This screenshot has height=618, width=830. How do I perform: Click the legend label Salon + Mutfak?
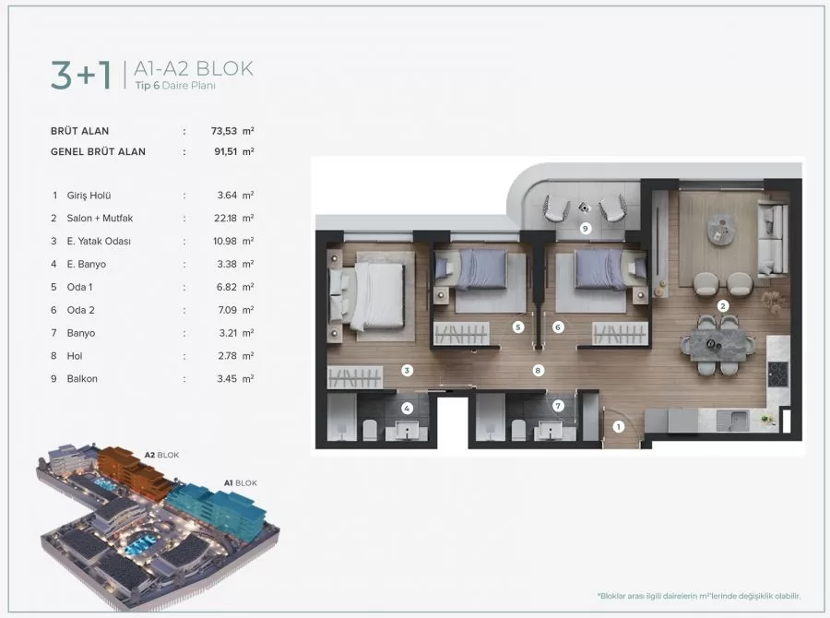(99, 219)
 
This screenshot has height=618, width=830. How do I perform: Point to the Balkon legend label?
(83, 378)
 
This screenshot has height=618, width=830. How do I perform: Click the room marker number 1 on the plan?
(619, 426)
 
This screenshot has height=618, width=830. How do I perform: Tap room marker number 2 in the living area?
(724, 305)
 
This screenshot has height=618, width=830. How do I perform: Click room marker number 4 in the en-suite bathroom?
(406, 407)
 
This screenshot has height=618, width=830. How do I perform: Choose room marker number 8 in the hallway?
(537, 370)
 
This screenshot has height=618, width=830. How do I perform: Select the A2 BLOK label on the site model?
(161, 455)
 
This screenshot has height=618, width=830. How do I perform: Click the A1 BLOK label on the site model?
(240, 482)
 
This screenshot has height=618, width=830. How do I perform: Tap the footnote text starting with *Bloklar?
(698, 596)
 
